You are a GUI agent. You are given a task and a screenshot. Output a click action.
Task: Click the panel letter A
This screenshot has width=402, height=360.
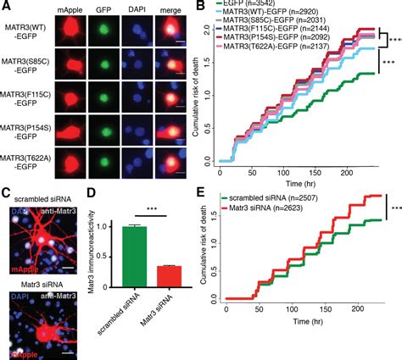click(x=5, y=7)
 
